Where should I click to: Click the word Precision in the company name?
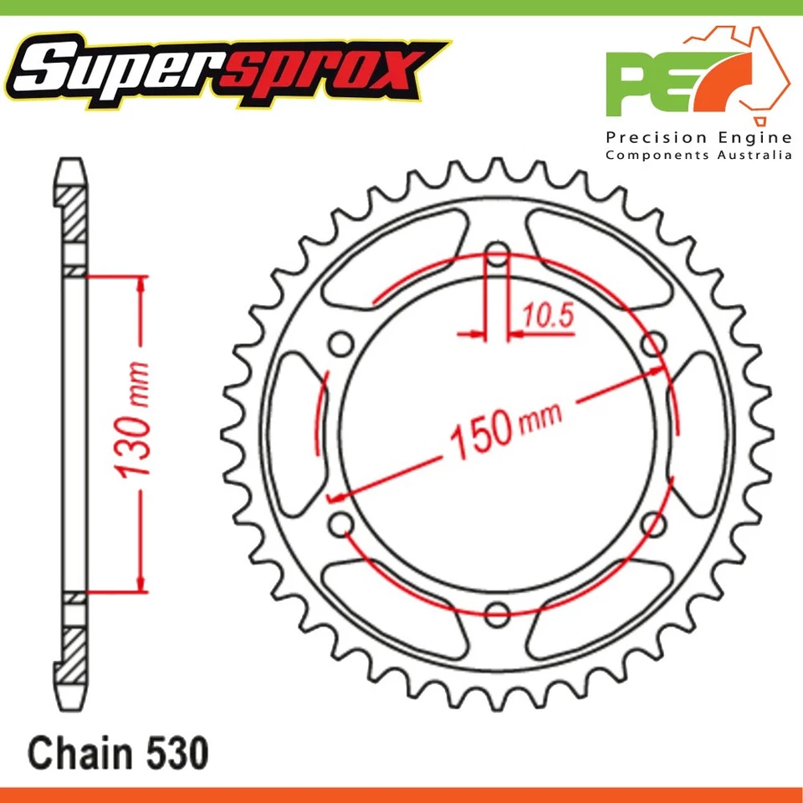tap(651, 137)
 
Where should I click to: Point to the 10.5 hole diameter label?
tap(548, 315)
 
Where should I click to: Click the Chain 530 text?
tap(116, 753)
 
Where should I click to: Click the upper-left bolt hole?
tap(340, 345)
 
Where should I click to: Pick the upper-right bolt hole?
tap(655, 344)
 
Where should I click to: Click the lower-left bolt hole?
tap(340, 524)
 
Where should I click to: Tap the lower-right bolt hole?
tap(655, 524)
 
